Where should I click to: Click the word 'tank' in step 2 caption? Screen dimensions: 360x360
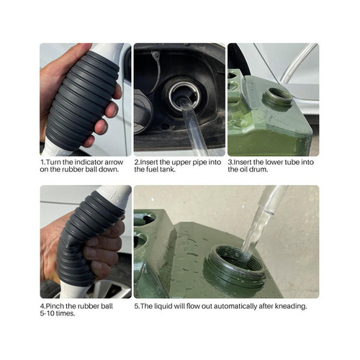[x=167, y=169]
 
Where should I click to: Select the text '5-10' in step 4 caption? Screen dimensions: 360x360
[x=47, y=313]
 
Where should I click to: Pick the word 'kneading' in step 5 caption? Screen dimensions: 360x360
[x=294, y=307]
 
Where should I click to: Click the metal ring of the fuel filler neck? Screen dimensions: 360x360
[x=184, y=96]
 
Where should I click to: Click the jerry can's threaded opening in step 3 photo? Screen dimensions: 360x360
[x=277, y=97]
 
